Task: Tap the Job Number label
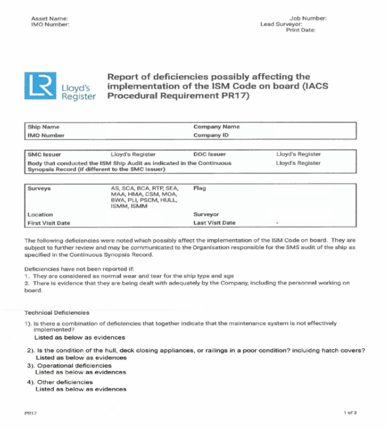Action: [308, 18]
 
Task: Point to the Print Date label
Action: [301, 30]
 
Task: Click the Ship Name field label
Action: [43, 127]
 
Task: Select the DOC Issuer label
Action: [210, 155]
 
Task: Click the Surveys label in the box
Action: [39, 188]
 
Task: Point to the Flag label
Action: [199, 188]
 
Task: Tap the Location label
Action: [40, 214]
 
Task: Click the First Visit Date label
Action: [48, 223]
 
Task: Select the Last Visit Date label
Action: [214, 223]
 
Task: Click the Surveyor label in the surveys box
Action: [206, 214]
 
